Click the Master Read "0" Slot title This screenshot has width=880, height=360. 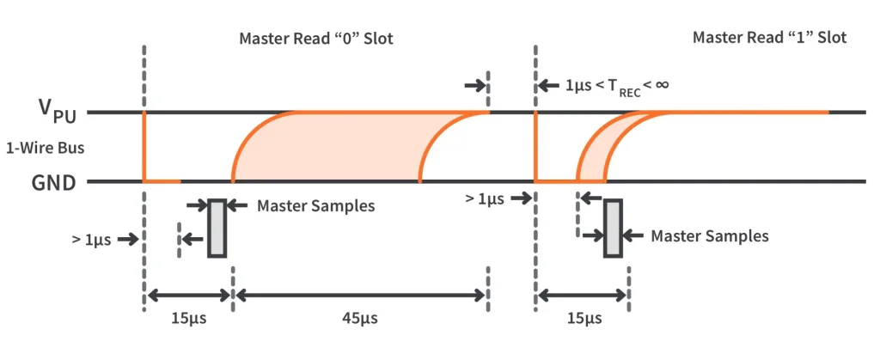tap(315, 38)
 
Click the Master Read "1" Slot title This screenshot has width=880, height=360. tap(769, 38)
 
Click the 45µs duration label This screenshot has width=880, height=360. tap(359, 319)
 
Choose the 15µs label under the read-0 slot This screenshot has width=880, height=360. tap(188, 319)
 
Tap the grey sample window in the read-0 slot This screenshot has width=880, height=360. tap(217, 228)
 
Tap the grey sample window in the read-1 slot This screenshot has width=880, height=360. tap(612, 228)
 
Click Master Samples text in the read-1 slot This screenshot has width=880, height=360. tap(709, 235)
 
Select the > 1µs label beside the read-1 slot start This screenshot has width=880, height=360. tap(488, 198)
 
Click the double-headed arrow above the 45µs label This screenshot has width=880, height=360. tap(359, 296)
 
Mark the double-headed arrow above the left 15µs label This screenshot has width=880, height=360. tap(188, 296)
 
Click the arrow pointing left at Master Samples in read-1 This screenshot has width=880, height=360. tap(635, 235)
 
